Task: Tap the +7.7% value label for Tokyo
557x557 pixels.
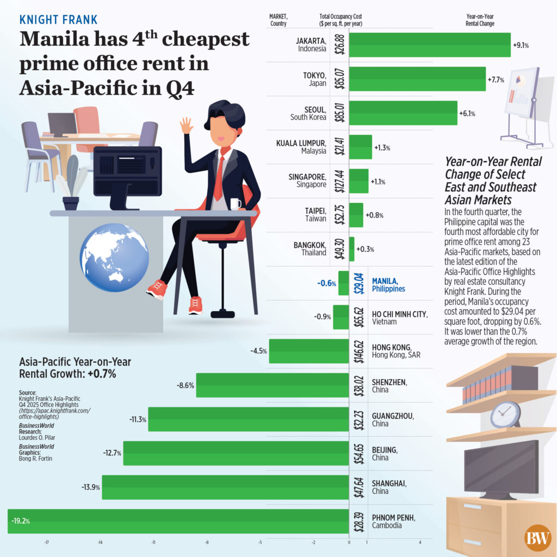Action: pos(496,79)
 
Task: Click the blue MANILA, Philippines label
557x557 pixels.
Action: pos(388,284)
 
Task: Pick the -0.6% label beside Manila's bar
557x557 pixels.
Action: pos(326,283)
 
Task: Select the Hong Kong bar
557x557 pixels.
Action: pos(308,351)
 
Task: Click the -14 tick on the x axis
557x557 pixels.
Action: pos(100,542)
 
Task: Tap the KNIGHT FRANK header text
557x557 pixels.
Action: pos(58,20)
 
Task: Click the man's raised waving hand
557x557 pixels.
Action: pos(187,125)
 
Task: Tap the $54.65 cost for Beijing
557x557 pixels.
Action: pos(358,453)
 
